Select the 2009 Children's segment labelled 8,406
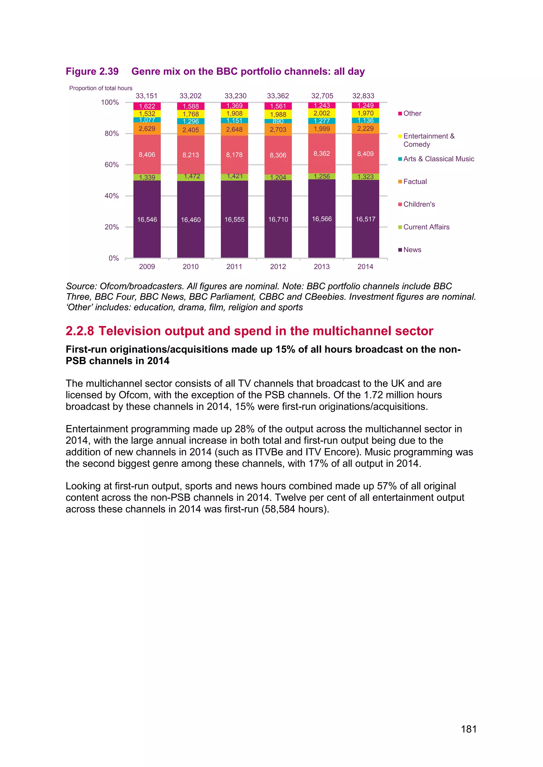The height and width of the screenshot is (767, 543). (x=147, y=154)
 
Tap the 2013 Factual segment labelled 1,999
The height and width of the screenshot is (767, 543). (x=322, y=129)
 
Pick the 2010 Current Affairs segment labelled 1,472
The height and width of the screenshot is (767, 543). (x=191, y=177)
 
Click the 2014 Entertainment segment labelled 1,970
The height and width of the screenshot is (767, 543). (x=365, y=113)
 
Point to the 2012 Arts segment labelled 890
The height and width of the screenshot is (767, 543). (x=278, y=121)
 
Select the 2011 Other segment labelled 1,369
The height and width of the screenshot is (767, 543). (x=234, y=106)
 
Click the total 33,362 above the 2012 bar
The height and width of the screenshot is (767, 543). (x=278, y=96)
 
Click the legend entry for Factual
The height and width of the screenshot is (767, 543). (x=415, y=181)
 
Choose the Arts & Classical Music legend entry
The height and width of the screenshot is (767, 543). (x=438, y=159)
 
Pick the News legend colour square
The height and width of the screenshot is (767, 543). (x=400, y=250)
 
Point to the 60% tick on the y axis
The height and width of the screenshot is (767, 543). (x=112, y=165)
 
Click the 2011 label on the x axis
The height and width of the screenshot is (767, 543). (x=234, y=267)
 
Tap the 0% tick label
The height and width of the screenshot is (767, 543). (x=114, y=258)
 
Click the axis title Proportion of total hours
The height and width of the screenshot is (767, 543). (x=101, y=88)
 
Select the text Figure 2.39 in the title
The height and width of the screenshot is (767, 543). (x=92, y=72)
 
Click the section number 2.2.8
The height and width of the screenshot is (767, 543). (x=80, y=331)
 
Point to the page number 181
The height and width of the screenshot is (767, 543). (x=468, y=729)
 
